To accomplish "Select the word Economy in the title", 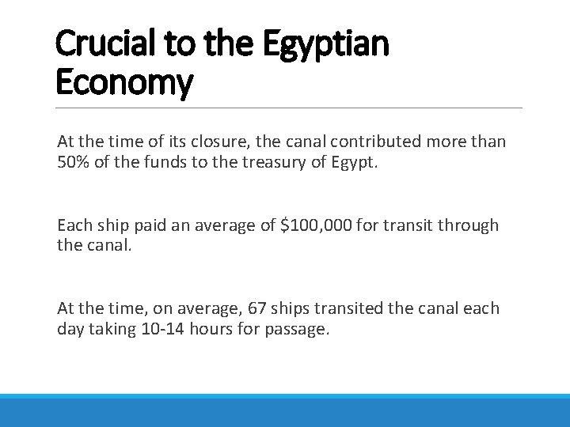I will [124, 83].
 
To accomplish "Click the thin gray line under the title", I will [290, 108].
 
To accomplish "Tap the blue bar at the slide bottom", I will [285, 410].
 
